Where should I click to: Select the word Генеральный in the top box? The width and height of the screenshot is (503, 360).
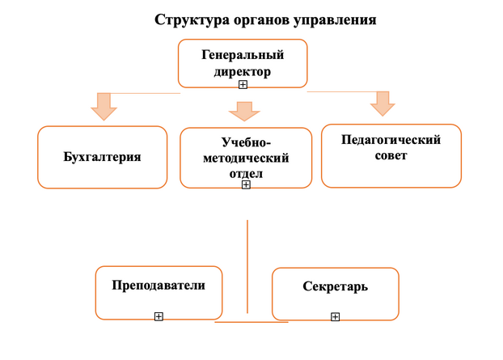pyautogui.click(x=243, y=55)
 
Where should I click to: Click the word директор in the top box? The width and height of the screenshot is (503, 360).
pyautogui.click(x=243, y=71)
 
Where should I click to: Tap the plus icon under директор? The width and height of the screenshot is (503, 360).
pyautogui.click(x=243, y=84)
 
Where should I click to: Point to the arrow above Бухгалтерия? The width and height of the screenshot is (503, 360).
pyautogui.click(x=104, y=107)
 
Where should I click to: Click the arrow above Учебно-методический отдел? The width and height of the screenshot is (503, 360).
pyautogui.click(x=244, y=112)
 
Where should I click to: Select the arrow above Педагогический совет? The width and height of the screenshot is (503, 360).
pyautogui.click(x=383, y=104)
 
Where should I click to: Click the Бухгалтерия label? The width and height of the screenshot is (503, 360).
pyautogui.click(x=103, y=157)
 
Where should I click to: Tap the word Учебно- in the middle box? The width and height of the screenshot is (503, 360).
pyautogui.click(x=246, y=142)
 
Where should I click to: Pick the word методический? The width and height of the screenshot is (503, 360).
pyautogui.click(x=246, y=159)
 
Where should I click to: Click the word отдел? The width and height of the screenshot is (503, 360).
pyautogui.click(x=246, y=174)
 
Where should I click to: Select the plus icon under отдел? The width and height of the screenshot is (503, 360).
pyautogui.click(x=246, y=184)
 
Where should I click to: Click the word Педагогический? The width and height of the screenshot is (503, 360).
pyautogui.click(x=391, y=140)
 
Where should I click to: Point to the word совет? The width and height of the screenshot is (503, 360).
pyautogui.click(x=391, y=155)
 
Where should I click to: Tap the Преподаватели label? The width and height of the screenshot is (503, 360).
pyautogui.click(x=159, y=286)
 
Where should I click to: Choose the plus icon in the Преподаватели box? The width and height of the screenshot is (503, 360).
pyautogui.click(x=159, y=316)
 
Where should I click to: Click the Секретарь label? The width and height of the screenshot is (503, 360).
pyautogui.click(x=336, y=286)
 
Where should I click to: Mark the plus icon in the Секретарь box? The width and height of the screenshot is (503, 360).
pyautogui.click(x=336, y=317)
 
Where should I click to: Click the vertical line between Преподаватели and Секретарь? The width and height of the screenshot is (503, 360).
pyautogui.click(x=247, y=266)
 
